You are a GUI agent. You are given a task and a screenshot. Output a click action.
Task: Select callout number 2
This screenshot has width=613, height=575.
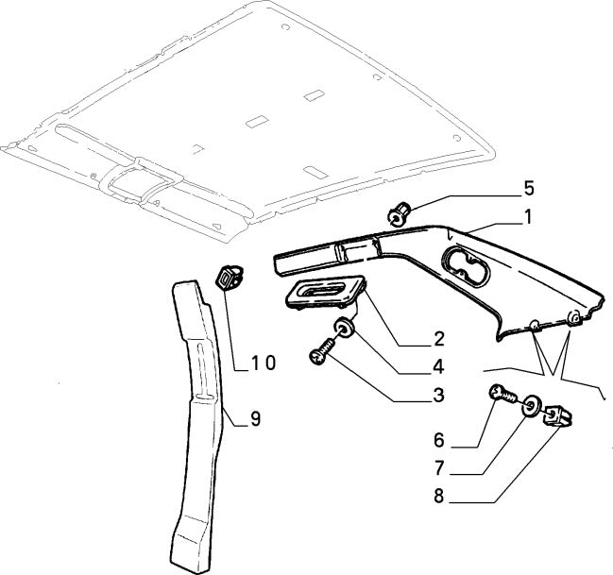pos(438,338)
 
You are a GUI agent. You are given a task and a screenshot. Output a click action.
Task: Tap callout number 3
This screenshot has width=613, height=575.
pos(438,396)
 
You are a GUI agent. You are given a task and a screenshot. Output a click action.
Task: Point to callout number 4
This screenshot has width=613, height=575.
pos(438,366)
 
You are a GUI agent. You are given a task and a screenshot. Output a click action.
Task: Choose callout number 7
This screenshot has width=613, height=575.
pos(438,468)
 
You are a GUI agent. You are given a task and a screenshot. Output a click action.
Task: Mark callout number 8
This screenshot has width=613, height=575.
pos(438,495)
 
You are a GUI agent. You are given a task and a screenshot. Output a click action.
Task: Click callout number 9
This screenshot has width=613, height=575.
pos(254,419)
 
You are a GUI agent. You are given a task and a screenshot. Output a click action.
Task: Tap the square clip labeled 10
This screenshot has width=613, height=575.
pos(228,278)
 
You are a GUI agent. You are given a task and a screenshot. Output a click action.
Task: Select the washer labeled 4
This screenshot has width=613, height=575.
pos(345,329)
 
